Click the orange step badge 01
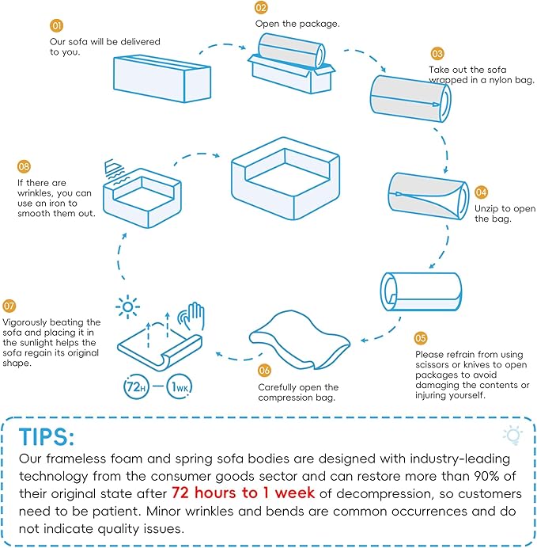pyautogui.click(x=56, y=25)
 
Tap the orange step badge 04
pyautogui.click(x=481, y=192)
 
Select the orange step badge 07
pyautogui.click(x=9, y=306)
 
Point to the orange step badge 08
pyautogui.click(x=24, y=166)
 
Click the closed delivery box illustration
pyautogui.click(x=162, y=78)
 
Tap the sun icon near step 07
pyautogui.click(x=127, y=306)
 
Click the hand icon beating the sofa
pyautogui.click(x=191, y=316)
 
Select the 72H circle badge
pyautogui.click(x=136, y=386)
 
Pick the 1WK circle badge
pyautogui.click(x=180, y=386)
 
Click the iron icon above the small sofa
pyautogui.click(x=115, y=170)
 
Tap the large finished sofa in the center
pyautogui.click(x=286, y=178)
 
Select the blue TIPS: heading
pyautogui.click(x=47, y=436)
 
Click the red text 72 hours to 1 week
pyautogui.click(x=244, y=493)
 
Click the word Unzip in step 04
pyautogui.click(x=486, y=208)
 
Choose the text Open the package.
pyautogui.click(x=297, y=24)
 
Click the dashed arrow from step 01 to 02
pyautogui.click(x=223, y=45)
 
